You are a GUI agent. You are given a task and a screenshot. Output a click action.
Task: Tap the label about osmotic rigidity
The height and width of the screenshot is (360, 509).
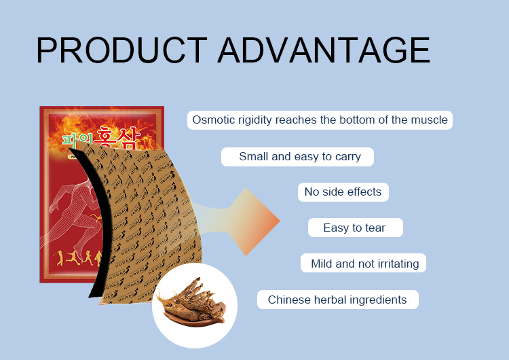(320, 120)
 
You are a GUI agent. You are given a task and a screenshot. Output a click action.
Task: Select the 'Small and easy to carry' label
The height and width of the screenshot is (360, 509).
(297, 157)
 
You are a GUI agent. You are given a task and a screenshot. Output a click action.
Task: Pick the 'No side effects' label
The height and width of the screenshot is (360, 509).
(343, 192)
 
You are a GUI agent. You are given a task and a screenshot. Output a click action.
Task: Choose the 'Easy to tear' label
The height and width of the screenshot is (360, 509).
(354, 228)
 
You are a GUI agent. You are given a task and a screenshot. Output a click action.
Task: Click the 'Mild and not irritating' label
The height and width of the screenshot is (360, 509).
(364, 264)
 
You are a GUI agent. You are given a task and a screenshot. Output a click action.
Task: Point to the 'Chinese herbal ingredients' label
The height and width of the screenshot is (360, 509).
(337, 300)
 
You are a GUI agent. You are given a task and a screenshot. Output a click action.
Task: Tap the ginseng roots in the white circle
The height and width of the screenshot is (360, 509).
(193, 300)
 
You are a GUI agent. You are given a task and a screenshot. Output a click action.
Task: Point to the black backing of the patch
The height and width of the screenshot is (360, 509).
(91, 224)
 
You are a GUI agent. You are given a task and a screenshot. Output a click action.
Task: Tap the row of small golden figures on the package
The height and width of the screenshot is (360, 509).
(75, 257)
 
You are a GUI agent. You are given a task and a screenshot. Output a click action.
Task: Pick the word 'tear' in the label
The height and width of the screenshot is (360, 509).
(375, 228)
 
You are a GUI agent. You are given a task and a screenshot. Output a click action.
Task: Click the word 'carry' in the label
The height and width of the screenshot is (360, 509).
(347, 157)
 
